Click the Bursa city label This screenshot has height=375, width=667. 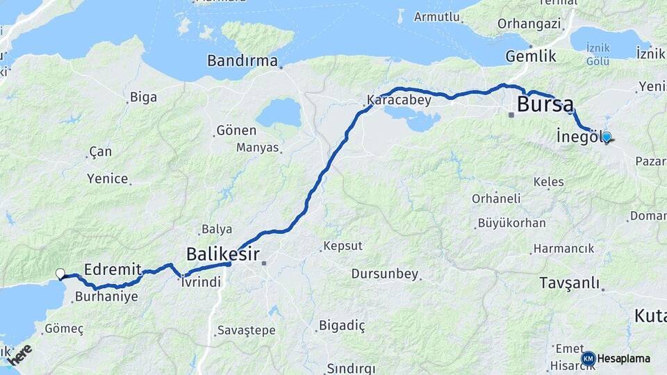pyautogui.click(x=546, y=106)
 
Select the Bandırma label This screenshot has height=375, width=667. pyautogui.click(x=242, y=61)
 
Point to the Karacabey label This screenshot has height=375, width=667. pyautogui.click(x=400, y=100)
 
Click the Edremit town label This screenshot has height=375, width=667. pyautogui.click(x=113, y=269)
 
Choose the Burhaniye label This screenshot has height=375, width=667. pyautogui.click(x=106, y=297)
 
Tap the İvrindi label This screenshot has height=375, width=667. pyautogui.click(x=201, y=281)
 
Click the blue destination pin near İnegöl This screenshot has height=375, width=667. pyautogui.click(x=606, y=137)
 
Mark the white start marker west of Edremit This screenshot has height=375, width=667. pyautogui.click(x=60, y=274)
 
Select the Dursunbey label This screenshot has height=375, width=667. pyautogui.click(x=385, y=274)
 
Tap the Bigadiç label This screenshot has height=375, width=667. pyautogui.click(x=342, y=324)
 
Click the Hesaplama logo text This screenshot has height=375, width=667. pyautogui.click(x=623, y=358)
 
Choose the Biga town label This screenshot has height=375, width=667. pyautogui.click(x=143, y=97)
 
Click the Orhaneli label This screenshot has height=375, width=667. pyautogui.click(x=496, y=199)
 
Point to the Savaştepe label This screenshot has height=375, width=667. pyautogui.click(x=246, y=329)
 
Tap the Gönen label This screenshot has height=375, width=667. pyautogui.click(x=236, y=130)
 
